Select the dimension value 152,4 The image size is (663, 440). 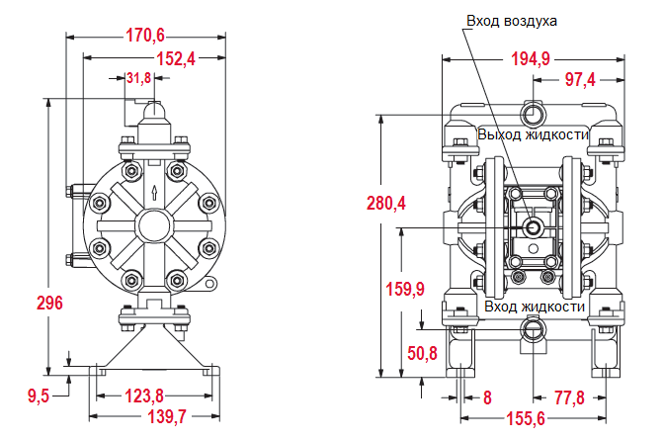175,59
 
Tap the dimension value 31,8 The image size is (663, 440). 139,78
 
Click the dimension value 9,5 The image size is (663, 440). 38,396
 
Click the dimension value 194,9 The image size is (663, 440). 530,59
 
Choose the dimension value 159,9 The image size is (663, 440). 404,289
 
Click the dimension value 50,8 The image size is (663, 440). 422,353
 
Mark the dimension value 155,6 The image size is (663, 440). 526,419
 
